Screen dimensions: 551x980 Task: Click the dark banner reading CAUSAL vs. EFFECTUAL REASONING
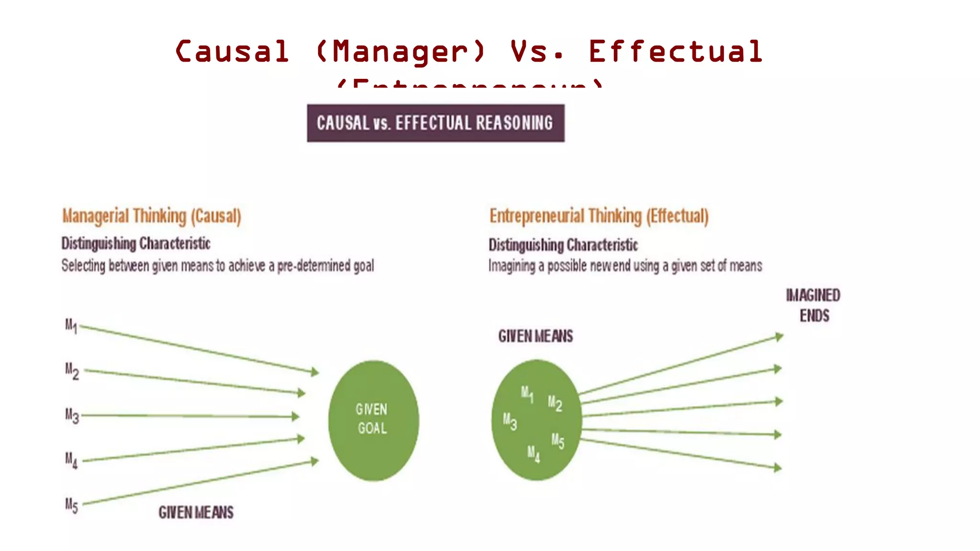coord(435,123)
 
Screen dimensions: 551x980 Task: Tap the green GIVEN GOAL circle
coord(373,420)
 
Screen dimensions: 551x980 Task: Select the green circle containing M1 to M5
coord(536,420)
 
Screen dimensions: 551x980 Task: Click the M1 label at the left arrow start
coord(71,326)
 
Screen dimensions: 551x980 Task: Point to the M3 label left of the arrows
coord(72,415)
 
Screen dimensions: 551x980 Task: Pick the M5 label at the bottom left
coord(71,505)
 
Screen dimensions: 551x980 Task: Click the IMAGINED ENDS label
coord(813,305)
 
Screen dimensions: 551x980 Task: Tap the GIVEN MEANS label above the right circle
coord(535,336)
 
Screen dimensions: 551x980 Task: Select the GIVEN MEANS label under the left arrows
coord(196,513)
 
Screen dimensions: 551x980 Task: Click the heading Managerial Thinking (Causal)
coord(152,216)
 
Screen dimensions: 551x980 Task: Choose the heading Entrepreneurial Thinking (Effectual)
coord(599,216)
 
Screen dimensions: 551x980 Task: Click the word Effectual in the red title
coord(675,52)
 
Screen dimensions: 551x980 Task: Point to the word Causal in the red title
coord(233,52)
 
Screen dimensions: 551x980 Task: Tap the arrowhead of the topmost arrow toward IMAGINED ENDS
coord(780,337)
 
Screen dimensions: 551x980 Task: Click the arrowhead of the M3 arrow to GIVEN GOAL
coord(296,417)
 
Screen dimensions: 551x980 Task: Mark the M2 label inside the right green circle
coord(555,403)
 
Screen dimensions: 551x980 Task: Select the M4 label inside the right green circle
coord(534,453)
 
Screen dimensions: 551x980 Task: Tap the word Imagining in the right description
coord(512,266)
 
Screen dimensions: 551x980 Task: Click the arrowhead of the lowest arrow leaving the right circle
coord(778,468)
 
